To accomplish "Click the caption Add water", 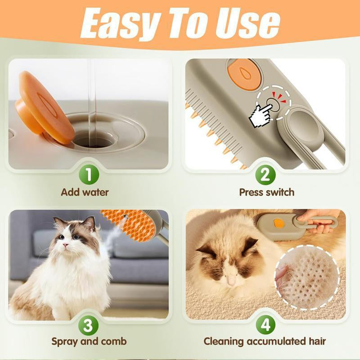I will (x=85, y=192).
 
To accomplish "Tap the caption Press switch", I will (x=266, y=192).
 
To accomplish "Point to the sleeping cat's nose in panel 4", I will (x=231, y=279).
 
